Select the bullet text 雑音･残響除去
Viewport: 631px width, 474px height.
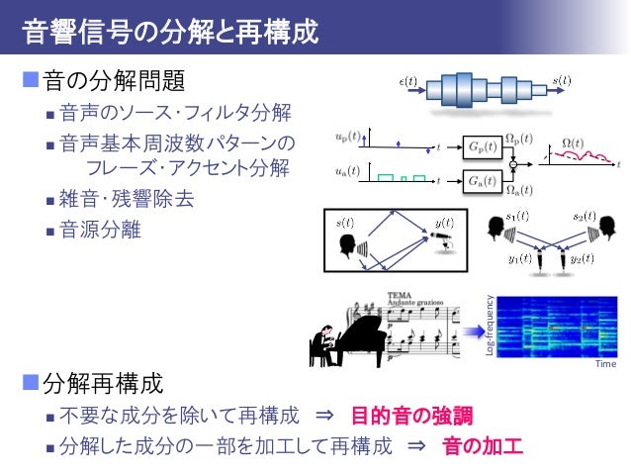click(x=128, y=198)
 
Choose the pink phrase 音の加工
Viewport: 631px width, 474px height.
click(x=481, y=444)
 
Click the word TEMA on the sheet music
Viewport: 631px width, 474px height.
click(x=400, y=295)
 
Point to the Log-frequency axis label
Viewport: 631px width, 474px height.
click(x=489, y=326)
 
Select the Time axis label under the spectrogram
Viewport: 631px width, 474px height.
click(x=605, y=364)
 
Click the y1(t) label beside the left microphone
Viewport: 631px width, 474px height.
click(x=518, y=259)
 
